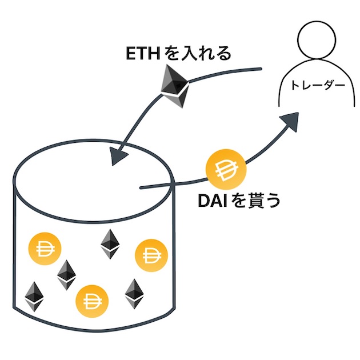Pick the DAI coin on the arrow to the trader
point(226,170)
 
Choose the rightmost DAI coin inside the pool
point(151,254)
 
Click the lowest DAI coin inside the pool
point(91,299)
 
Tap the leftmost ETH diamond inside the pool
point(34,295)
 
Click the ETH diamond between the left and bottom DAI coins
point(67,274)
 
